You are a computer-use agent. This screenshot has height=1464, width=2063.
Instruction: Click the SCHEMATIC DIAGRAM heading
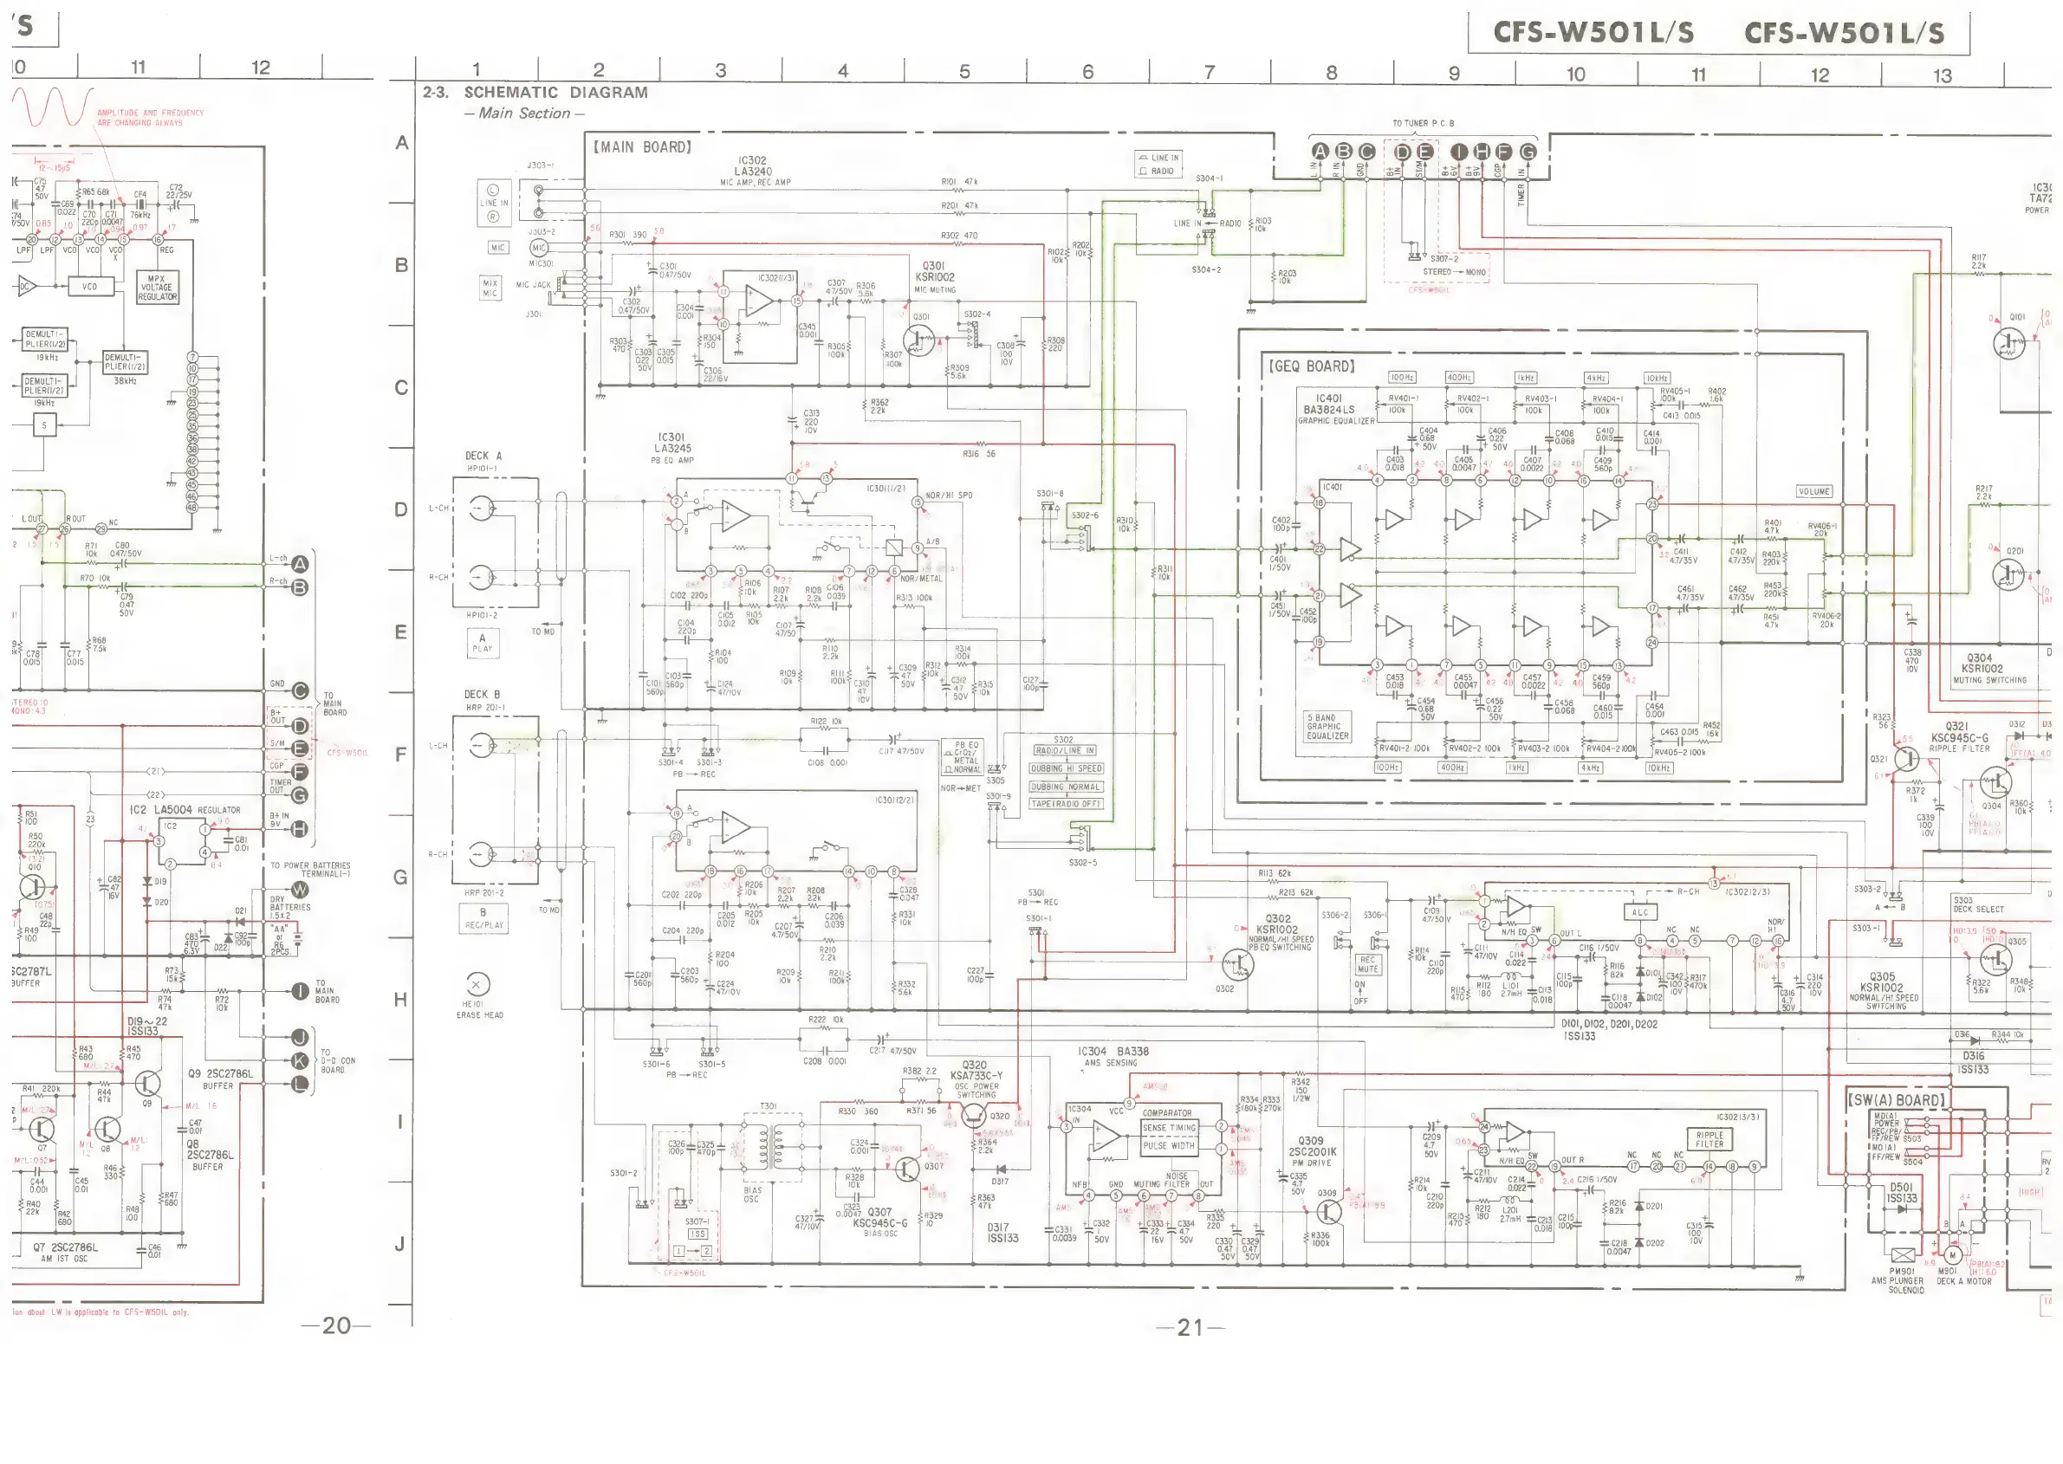555,92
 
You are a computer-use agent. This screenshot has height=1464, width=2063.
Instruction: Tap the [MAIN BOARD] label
642,147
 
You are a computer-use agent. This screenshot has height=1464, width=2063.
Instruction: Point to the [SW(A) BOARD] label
1896,1101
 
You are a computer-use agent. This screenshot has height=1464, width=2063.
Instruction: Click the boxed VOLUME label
1813,491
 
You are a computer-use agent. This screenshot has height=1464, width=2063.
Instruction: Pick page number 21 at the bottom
1190,1327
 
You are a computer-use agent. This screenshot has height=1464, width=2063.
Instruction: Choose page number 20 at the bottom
336,1325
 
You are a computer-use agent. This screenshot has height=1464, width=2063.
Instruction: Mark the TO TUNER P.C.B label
1423,124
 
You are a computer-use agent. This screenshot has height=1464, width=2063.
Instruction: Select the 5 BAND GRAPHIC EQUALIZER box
1328,727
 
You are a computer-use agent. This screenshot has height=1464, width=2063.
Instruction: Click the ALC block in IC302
1639,912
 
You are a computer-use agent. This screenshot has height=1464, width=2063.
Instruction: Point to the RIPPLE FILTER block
1709,1139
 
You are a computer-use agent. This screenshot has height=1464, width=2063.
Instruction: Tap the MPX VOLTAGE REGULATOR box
157,288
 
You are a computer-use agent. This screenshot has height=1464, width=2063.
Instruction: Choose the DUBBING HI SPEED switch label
1066,769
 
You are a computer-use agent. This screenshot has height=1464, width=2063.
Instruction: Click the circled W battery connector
301,890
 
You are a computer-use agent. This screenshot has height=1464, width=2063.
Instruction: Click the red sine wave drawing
52,107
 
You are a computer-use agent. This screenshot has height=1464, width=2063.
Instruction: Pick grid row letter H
400,999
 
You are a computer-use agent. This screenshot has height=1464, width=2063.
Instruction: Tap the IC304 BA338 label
1113,1052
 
